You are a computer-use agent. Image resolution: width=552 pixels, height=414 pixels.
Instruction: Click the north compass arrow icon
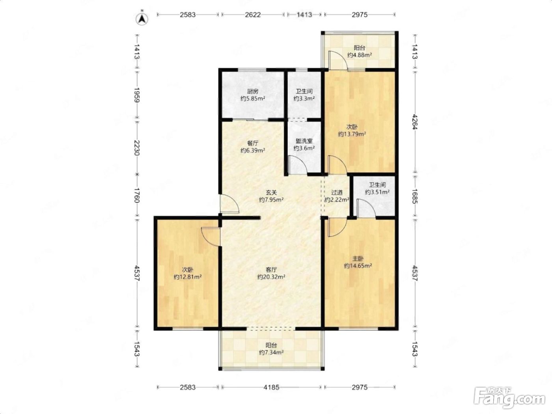click(142, 19)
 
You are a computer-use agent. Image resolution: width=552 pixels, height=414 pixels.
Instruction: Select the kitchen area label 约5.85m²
click(252, 99)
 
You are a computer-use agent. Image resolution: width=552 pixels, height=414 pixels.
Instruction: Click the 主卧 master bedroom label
click(358, 258)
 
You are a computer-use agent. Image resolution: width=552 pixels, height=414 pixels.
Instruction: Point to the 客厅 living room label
click(271, 270)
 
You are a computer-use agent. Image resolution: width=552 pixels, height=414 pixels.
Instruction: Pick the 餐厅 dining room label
click(253, 143)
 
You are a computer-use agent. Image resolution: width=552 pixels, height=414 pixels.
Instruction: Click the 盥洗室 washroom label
click(304, 141)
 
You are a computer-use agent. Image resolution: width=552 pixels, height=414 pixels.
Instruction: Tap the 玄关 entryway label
click(271, 192)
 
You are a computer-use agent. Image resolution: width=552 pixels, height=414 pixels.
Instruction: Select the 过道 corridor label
click(337, 192)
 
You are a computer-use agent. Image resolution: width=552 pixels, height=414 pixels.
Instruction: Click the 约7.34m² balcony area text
click(271, 352)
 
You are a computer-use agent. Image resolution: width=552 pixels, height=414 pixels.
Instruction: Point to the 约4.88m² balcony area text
click(360, 55)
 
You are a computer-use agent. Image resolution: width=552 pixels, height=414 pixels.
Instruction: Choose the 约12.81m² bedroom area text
click(188, 277)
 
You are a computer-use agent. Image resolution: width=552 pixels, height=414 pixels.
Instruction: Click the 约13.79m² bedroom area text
click(352, 134)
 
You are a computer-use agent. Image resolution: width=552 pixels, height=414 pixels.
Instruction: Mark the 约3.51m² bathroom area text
click(377, 192)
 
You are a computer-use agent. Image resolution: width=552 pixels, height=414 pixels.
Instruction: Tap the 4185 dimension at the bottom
click(271, 387)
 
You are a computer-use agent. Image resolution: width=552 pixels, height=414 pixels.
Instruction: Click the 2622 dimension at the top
click(253, 15)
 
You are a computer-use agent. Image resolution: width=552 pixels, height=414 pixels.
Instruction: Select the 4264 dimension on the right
click(415, 122)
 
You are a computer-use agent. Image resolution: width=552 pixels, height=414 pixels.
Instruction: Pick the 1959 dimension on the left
click(137, 95)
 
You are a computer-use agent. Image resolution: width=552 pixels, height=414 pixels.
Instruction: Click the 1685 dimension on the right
click(415, 196)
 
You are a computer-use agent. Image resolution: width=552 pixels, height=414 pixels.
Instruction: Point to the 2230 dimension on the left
click(137, 148)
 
